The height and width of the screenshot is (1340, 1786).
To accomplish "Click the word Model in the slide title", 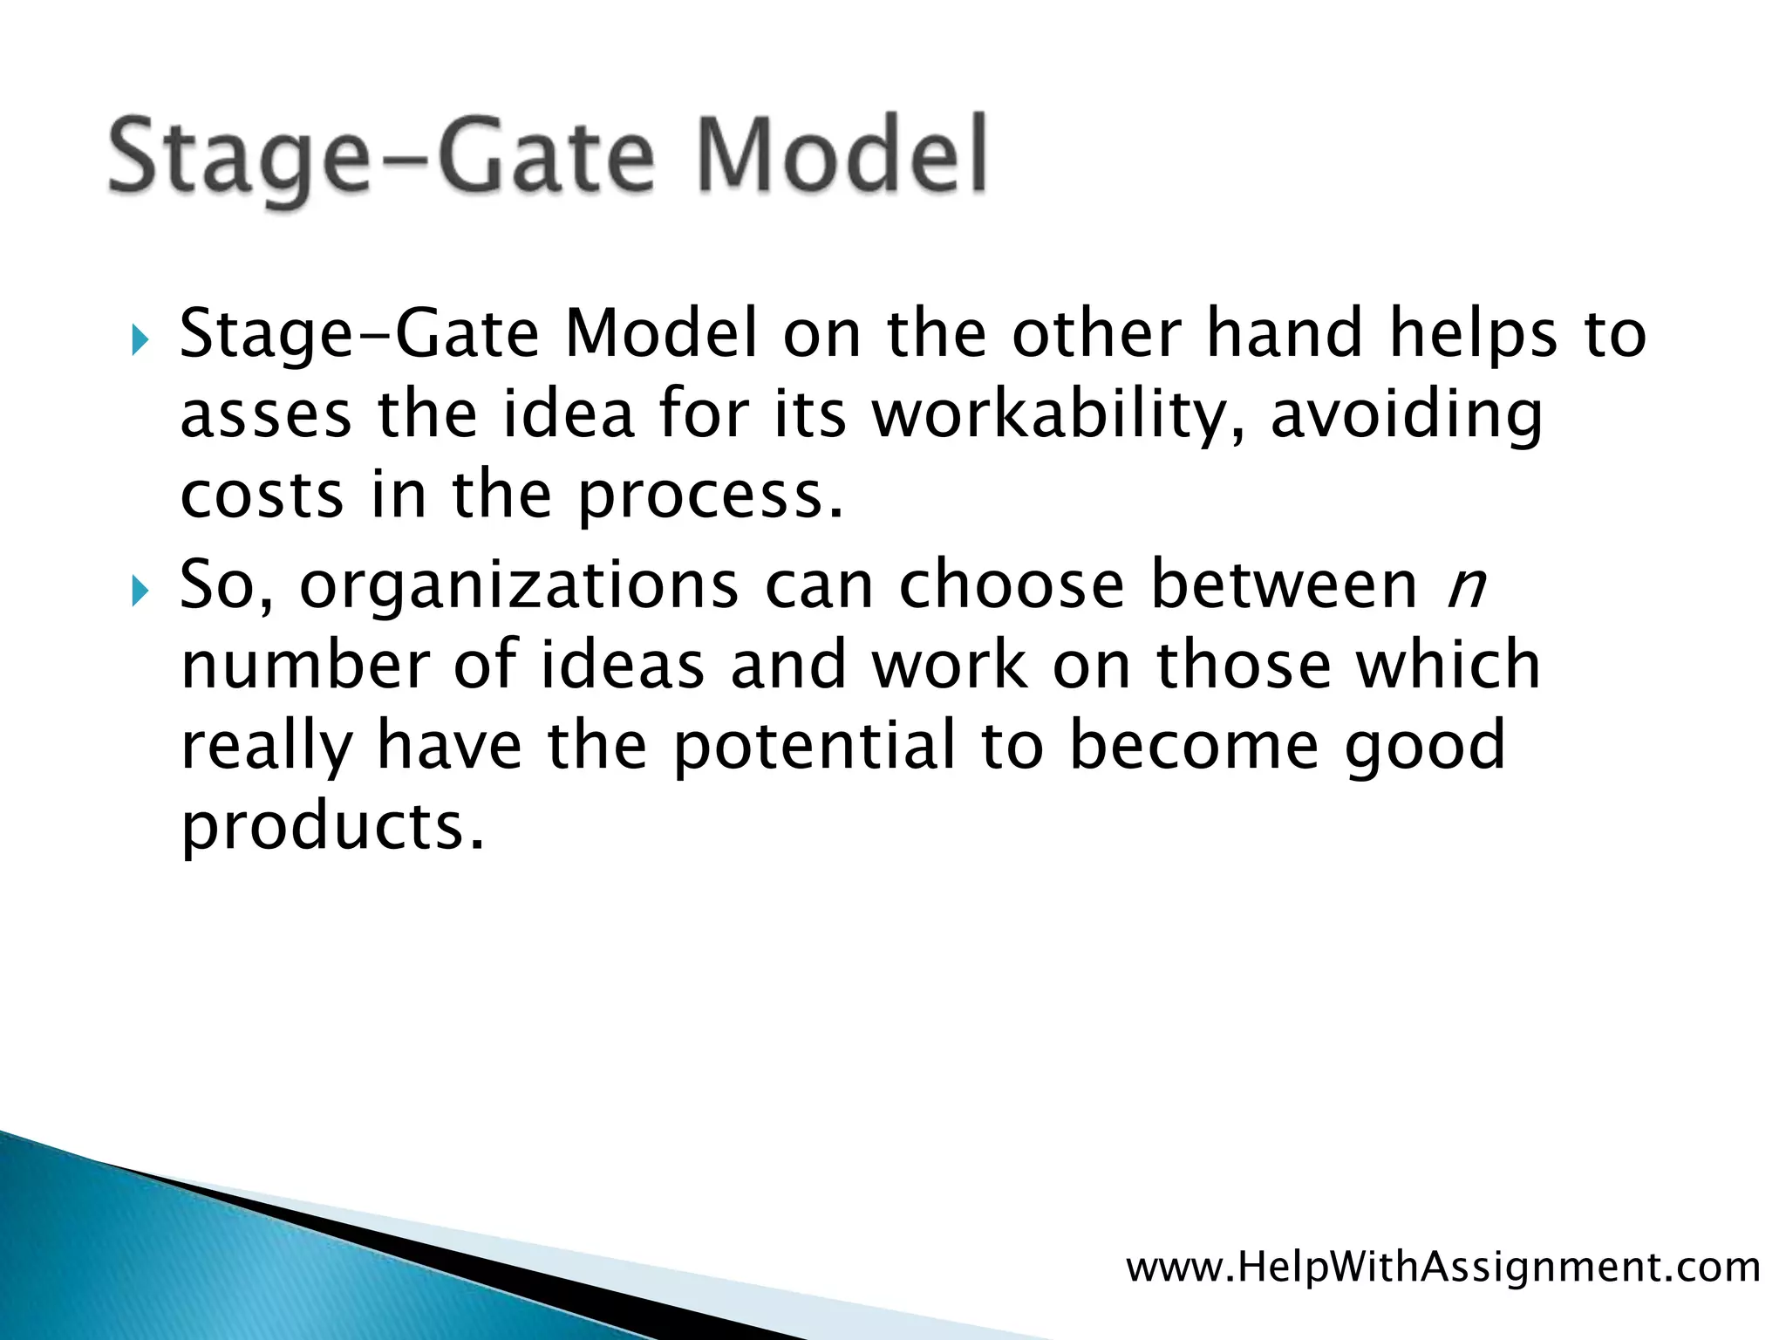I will click(842, 156).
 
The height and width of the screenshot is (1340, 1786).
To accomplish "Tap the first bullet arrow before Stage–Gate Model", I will click(140, 339).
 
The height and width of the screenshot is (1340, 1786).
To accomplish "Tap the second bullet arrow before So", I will click(140, 591).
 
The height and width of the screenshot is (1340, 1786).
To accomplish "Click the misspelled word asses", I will click(266, 415).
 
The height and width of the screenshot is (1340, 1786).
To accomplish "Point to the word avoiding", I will click(1407, 415).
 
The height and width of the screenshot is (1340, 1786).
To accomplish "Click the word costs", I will click(262, 496).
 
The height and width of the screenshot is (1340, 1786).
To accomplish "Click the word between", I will click(1285, 585).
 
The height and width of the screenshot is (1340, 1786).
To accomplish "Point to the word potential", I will click(815, 747).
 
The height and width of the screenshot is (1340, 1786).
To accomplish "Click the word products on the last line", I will click(331, 827).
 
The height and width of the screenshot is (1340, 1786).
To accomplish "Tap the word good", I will click(1424, 747).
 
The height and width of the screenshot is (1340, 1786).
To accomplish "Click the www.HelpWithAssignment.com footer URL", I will click(1443, 1267).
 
